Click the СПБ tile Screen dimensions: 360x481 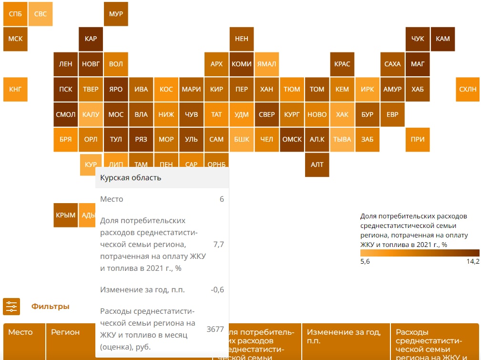15,14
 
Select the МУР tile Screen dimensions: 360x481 116,14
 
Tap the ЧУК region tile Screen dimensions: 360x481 417,39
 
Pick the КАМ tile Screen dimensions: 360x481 442,39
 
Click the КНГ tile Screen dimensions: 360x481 15,89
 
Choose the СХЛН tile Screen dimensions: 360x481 468,89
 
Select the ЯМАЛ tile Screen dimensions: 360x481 266,64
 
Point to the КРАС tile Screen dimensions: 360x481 342,64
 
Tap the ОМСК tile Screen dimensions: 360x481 292,139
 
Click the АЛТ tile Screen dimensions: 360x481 317,165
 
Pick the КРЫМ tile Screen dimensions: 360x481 66,215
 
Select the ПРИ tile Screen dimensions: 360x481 417,139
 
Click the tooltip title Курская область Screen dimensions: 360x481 131,178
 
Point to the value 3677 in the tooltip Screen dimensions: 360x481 215,329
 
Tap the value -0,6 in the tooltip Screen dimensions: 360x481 217,289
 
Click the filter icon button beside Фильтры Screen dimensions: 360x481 11,307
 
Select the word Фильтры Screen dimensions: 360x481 51,307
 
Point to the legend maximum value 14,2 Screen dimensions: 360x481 472,261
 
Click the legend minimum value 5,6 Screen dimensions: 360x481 366,261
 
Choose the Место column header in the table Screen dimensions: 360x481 20,332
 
